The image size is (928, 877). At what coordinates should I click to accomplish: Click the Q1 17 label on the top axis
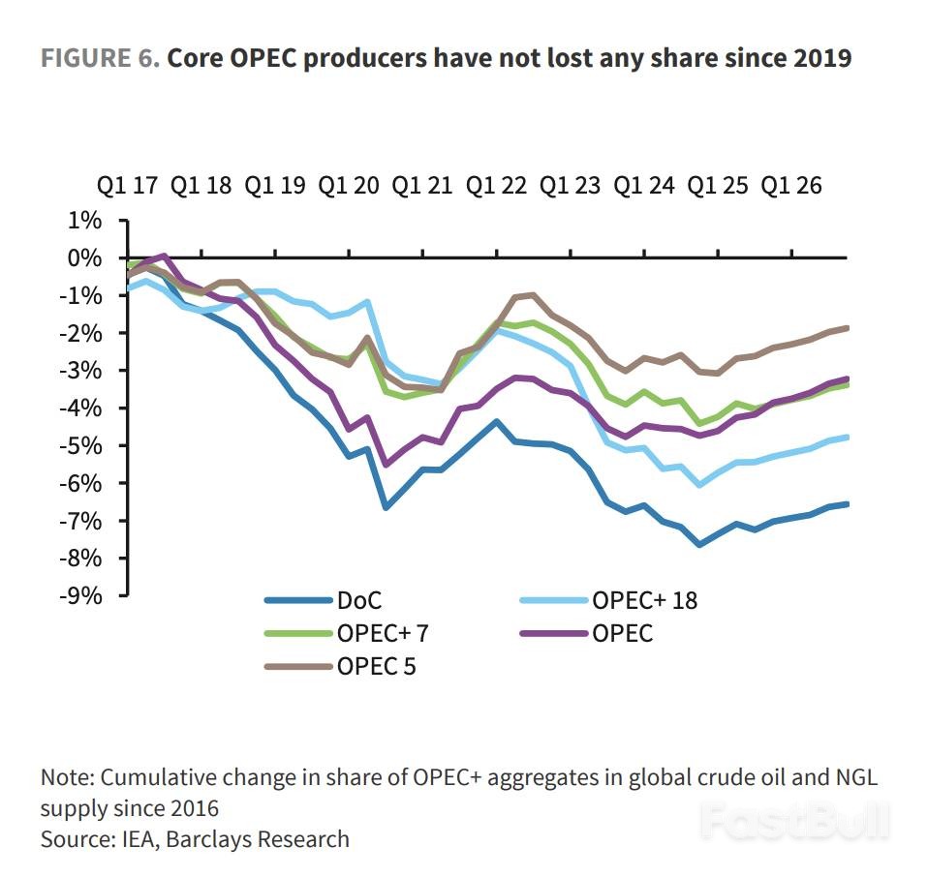click(x=128, y=186)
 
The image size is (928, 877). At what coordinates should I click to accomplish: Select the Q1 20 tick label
click(x=351, y=186)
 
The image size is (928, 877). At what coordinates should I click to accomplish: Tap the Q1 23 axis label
click(x=571, y=186)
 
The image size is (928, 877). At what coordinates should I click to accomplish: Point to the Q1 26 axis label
click(x=791, y=186)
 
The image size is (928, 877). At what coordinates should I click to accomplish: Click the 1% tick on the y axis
click(x=85, y=221)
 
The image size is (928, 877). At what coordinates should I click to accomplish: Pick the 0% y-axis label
click(x=85, y=258)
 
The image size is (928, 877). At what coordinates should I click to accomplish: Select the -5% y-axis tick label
click(x=81, y=445)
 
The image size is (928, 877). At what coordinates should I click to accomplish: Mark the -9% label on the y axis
click(x=81, y=595)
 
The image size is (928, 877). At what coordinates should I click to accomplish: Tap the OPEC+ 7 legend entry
click(x=384, y=634)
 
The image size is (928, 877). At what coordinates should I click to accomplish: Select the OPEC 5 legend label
click(x=377, y=667)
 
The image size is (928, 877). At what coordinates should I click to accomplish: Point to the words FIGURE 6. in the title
click(x=100, y=58)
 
